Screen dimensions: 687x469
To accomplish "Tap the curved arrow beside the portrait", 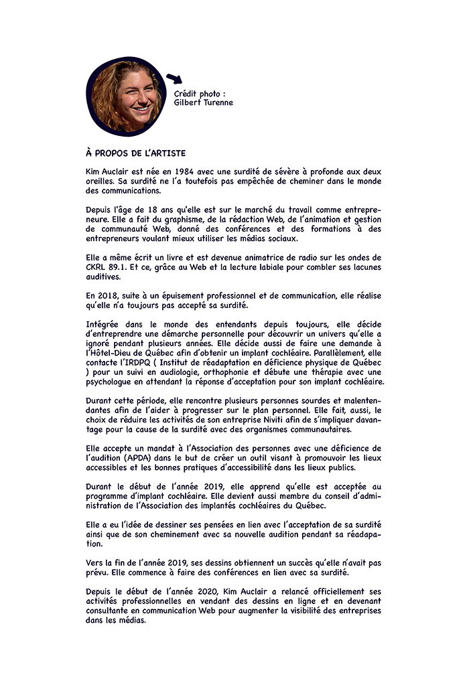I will pyautogui.click(x=174, y=80).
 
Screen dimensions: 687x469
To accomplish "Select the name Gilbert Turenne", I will pyautogui.click(x=204, y=103).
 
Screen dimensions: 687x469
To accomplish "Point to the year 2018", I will pyautogui.click(x=111, y=295).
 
